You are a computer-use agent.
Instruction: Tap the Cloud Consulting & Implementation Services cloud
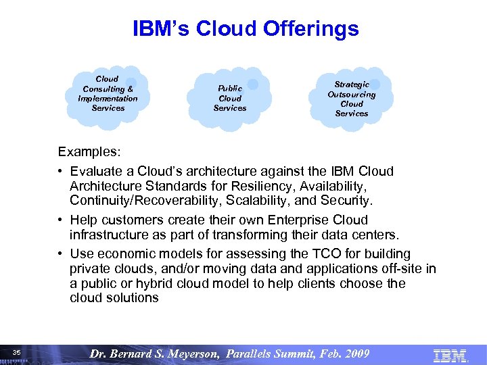click(108, 94)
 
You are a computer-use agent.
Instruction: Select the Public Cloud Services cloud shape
click(230, 98)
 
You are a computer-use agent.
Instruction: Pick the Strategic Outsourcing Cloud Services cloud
click(351, 99)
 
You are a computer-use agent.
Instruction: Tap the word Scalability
click(262, 201)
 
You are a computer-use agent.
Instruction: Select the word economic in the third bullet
click(130, 253)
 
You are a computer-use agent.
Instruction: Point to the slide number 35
click(17, 352)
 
